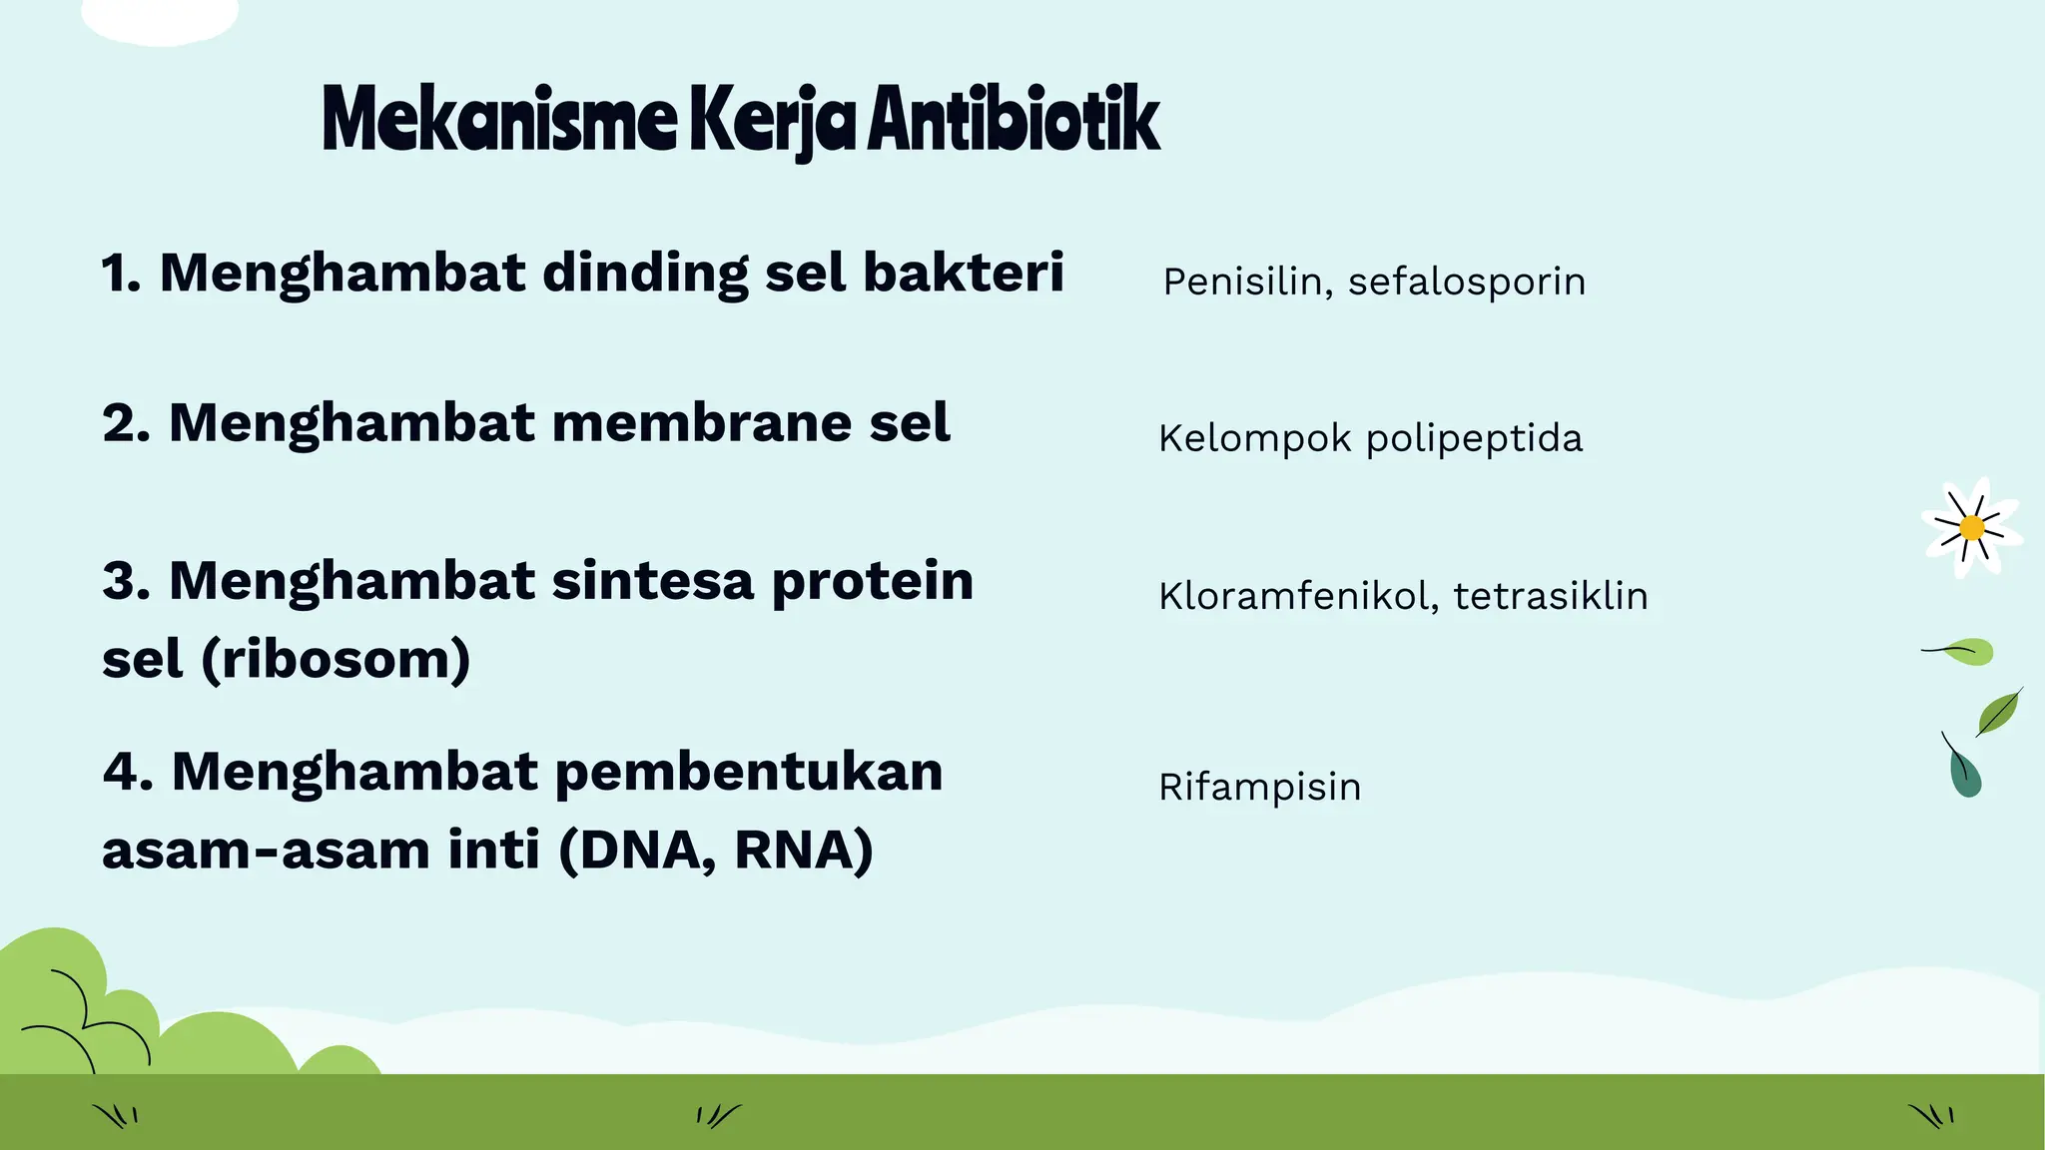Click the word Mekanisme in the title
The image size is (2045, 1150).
[x=499, y=120]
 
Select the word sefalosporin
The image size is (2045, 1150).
[x=1467, y=283]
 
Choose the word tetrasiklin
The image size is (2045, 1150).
[x=1551, y=596]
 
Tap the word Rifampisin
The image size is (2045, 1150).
[x=1260, y=787]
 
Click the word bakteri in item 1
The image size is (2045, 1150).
[x=964, y=273]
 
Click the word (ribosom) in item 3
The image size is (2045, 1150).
[x=336, y=659]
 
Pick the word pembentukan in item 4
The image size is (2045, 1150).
[x=749, y=773]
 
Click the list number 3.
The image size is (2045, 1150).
[x=125, y=581]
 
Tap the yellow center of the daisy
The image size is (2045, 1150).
[x=1972, y=527]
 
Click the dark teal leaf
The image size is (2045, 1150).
[x=1965, y=775]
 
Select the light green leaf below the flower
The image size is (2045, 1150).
[x=1969, y=652]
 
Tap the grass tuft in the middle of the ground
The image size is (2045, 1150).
[x=718, y=1115]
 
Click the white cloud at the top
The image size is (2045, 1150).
[x=160, y=18]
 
